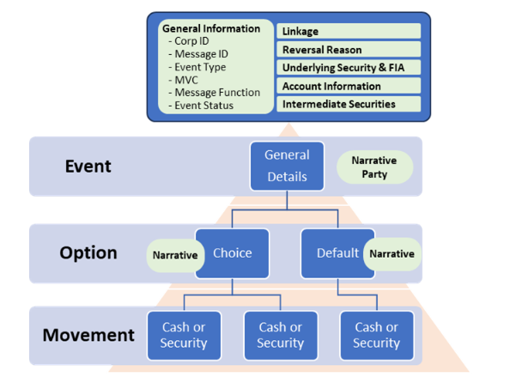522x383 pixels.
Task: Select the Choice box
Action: click(x=232, y=253)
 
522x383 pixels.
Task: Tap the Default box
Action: click(x=337, y=253)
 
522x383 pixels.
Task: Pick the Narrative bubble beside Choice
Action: click(x=174, y=255)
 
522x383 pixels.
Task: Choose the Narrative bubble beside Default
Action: click(x=391, y=253)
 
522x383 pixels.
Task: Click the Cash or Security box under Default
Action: click(x=376, y=335)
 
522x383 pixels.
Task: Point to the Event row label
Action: click(x=88, y=166)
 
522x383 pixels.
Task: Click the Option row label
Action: click(x=88, y=252)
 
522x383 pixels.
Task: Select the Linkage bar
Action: click(x=349, y=32)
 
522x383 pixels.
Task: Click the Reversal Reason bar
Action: click(x=349, y=50)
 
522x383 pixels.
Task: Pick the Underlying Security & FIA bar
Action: click(x=349, y=68)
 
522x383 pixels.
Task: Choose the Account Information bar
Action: click(x=349, y=86)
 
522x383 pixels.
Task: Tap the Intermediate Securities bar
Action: click(x=349, y=104)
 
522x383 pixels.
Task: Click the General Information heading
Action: click(x=211, y=28)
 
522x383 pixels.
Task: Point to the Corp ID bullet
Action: click(x=193, y=41)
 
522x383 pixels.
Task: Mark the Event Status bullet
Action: click(x=203, y=106)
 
